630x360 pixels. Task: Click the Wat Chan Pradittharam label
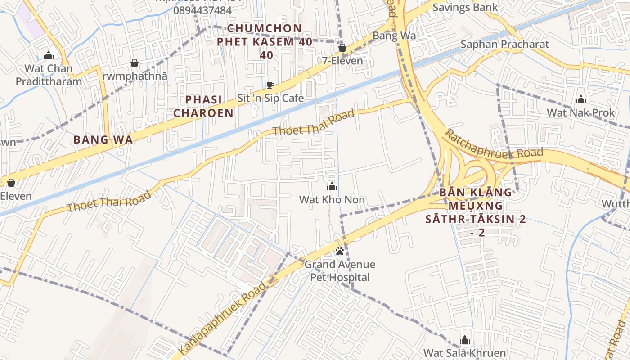click(49, 75)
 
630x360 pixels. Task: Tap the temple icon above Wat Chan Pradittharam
click(48, 56)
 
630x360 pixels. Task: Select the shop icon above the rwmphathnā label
click(134, 63)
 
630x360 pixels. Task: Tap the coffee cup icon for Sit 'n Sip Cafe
click(270, 85)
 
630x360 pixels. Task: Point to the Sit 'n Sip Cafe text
click(270, 98)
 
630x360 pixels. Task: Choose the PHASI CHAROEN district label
click(203, 106)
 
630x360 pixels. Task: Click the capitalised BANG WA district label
click(103, 139)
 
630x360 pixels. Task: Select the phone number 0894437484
click(202, 10)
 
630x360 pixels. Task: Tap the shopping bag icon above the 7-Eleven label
click(342, 48)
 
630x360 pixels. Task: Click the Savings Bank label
click(465, 7)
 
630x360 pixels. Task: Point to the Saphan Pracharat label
click(504, 44)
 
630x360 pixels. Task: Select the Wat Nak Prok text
click(580, 112)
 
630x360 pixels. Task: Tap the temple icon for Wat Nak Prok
click(581, 99)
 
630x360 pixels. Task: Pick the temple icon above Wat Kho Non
click(332, 186)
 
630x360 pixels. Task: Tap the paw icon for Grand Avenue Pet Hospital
click(340, 251)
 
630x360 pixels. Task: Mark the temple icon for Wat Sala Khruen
click(465, 340)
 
